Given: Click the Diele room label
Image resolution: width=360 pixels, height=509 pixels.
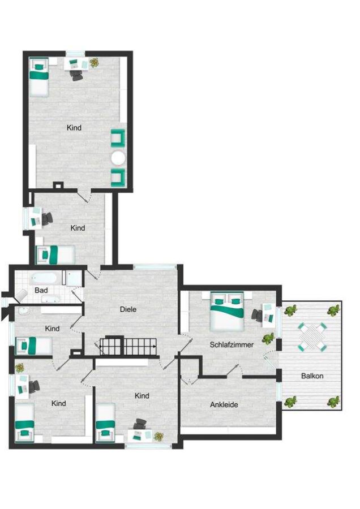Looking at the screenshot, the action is click(128, 309).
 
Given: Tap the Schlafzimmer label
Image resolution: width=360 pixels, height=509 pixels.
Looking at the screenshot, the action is click(232, 345).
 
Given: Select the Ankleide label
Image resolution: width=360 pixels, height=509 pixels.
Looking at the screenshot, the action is click(224, 405).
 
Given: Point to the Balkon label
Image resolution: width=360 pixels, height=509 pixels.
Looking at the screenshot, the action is click(312, 376).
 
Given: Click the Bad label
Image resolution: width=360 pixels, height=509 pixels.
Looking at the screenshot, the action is click(41, 290).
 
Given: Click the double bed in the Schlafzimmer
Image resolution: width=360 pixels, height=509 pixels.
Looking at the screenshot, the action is click(227, 311).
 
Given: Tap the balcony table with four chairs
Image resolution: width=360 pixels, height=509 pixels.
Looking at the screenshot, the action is click(312, 337).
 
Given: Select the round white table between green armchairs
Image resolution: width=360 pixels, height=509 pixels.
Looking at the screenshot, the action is click(118, 158).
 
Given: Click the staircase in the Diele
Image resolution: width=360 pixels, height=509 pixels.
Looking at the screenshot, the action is click(128, 347).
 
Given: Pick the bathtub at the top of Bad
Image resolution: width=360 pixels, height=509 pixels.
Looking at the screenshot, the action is click(45, 278).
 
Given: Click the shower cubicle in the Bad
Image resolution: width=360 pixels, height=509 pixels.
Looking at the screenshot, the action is click(72, 278).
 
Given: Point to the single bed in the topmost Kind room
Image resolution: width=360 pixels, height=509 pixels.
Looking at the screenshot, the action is click(39, 77).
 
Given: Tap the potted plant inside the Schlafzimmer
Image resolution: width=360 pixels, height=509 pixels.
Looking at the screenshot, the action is click(268, 339).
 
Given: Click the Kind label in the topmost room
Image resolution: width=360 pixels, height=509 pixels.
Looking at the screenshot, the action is click(74, 128).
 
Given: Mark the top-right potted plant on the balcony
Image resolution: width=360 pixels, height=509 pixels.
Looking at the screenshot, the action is click(333, 311).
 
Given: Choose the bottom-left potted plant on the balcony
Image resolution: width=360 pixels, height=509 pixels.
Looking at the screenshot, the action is click(290, 402).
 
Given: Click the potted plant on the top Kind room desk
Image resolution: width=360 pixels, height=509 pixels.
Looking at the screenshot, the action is click(94, 62).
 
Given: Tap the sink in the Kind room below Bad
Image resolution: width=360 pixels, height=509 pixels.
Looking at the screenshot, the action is click(24, 311).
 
